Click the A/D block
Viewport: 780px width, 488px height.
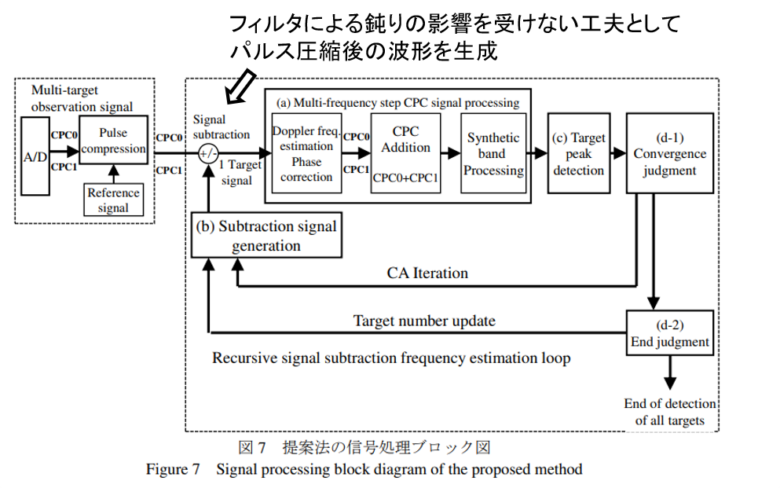point(35,156)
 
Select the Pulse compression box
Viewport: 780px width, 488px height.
point(113,141)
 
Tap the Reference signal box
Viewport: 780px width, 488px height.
point(113,200)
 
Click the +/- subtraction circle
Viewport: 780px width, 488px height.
point(208,154)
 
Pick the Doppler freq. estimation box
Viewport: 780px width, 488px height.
point(306,153)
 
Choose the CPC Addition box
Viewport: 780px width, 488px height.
point(405,153)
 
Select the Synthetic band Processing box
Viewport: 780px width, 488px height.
point(493,153)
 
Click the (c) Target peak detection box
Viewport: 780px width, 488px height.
point(579,153)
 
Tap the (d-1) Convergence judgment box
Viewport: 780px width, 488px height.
point(669,153)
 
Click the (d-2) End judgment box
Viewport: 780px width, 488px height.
point(669,333)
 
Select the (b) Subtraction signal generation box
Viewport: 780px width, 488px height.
point(266,235)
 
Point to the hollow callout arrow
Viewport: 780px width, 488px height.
point(240,86)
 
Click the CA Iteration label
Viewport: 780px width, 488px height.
point(427,273)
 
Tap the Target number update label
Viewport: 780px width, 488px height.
point(424,321)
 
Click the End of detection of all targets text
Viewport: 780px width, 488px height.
point(669,412)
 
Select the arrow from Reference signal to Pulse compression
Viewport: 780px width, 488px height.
point(113,174)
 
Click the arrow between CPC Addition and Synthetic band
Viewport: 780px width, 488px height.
point(451,153)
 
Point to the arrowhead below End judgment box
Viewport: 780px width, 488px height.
point(669,383)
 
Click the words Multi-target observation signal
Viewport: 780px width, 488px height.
point(82,98)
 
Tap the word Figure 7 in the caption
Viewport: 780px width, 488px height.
point(173,469)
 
